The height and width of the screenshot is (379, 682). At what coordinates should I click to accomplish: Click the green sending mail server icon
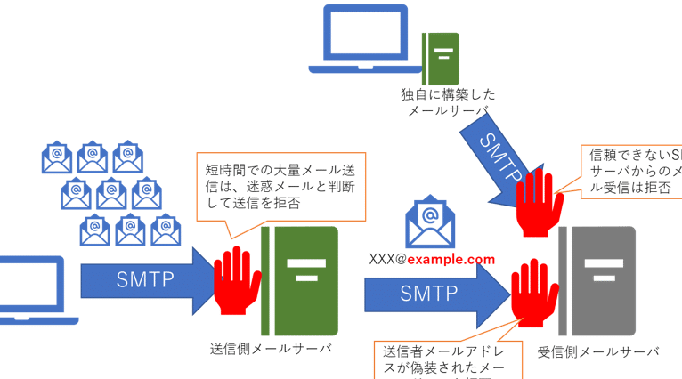point(302,282)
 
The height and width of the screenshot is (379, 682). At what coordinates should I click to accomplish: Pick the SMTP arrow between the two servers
point(433,291)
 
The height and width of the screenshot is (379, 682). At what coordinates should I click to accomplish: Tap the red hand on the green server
point(235,278)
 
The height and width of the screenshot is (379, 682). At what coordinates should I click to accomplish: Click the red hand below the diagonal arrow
point(537,203)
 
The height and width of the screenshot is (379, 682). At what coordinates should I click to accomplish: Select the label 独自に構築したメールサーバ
point(449,101)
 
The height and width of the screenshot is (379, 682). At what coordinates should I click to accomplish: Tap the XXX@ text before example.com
point(389,259)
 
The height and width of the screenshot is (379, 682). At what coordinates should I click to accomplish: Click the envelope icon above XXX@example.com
point(428,222)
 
